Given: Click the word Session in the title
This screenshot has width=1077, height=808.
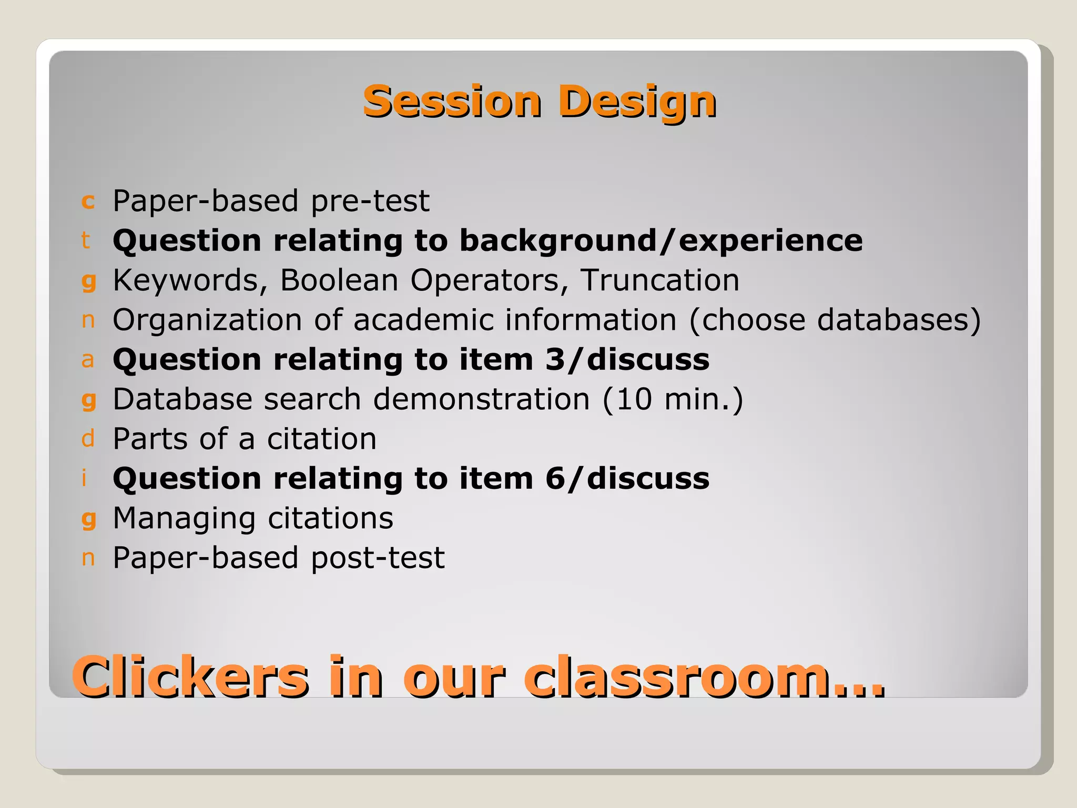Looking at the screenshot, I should (452, 101).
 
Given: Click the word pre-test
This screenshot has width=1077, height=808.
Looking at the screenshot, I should (370, 201).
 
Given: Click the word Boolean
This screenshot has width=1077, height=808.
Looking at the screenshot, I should (339, 280).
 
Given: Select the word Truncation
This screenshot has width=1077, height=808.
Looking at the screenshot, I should (659, 280).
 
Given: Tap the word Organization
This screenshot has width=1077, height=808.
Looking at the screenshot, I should (207, 320).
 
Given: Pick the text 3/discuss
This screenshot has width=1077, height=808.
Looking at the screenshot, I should (627, 360).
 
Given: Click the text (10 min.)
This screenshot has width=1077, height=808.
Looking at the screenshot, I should (673, 399).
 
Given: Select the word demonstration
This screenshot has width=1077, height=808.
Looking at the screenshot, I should (481, 399).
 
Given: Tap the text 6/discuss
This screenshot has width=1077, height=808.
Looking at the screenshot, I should (627, 479).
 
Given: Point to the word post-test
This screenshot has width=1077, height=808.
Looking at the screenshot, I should (378, 558).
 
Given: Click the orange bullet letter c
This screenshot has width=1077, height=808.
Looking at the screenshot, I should (88, 201).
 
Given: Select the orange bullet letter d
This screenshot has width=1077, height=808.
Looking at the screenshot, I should (88, 438).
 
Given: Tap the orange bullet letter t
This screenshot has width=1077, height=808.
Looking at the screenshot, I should (86, 240).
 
